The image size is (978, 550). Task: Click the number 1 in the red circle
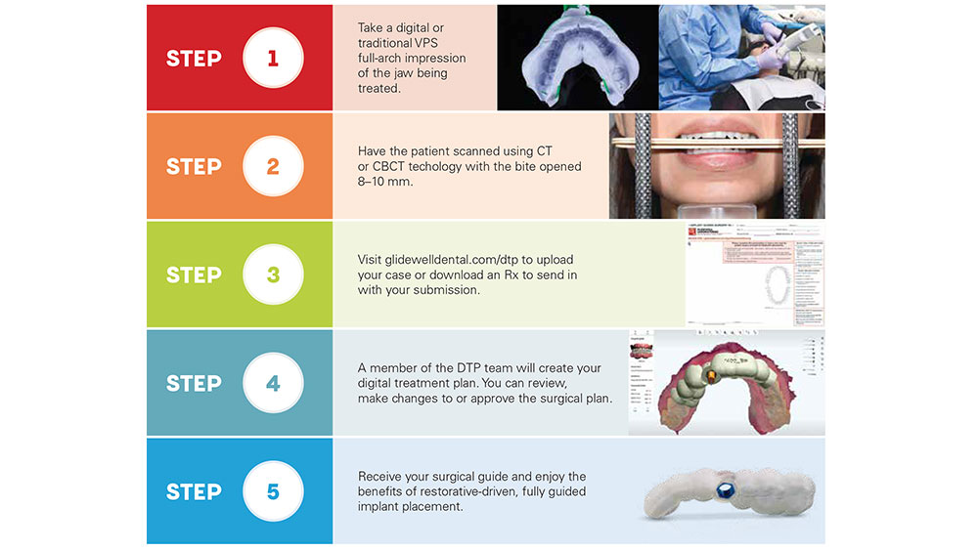tap(273, 58)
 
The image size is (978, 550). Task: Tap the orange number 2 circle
tap(273, 166)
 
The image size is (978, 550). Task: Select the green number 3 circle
tap(273, 275)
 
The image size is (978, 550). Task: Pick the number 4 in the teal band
tap(273, 383)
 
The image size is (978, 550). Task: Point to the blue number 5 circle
tap(273, 491)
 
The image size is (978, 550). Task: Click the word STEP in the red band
tap(194, 58)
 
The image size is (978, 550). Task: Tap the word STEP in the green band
tap(194, 275)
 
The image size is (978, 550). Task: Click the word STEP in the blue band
tap(194, 491)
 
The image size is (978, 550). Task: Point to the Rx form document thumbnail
tap(755, 275)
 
